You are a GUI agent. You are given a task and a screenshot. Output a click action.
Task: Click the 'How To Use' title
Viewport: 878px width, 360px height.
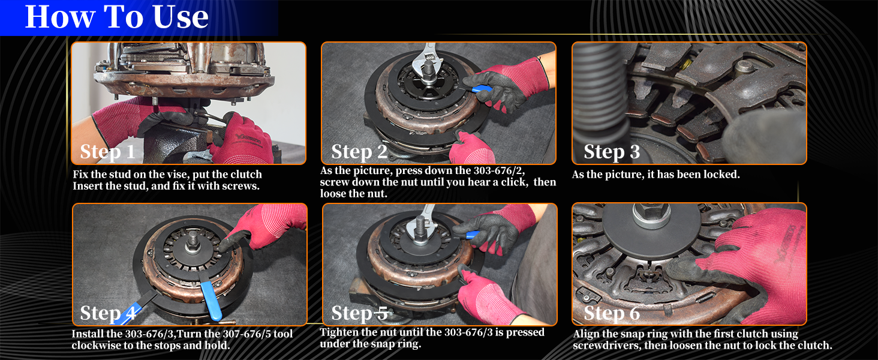(x=116, y=17)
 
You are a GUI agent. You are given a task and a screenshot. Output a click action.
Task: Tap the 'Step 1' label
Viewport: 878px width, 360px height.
(x=108, y=152)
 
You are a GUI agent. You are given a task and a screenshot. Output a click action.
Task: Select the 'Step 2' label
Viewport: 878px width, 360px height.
(x=359, y=152)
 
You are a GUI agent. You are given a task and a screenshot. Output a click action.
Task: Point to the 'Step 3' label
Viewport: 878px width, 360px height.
(x=612, y=152)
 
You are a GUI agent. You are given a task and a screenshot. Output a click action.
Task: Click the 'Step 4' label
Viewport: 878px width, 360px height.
(x=108, y=313)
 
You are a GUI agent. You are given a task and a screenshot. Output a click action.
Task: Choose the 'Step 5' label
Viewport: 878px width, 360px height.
(x=359, y=313)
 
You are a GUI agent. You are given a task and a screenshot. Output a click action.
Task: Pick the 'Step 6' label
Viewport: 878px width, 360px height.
(x=612, y=313)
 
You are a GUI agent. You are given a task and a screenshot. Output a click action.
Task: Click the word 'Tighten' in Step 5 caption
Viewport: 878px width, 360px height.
(x=340, y=332)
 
